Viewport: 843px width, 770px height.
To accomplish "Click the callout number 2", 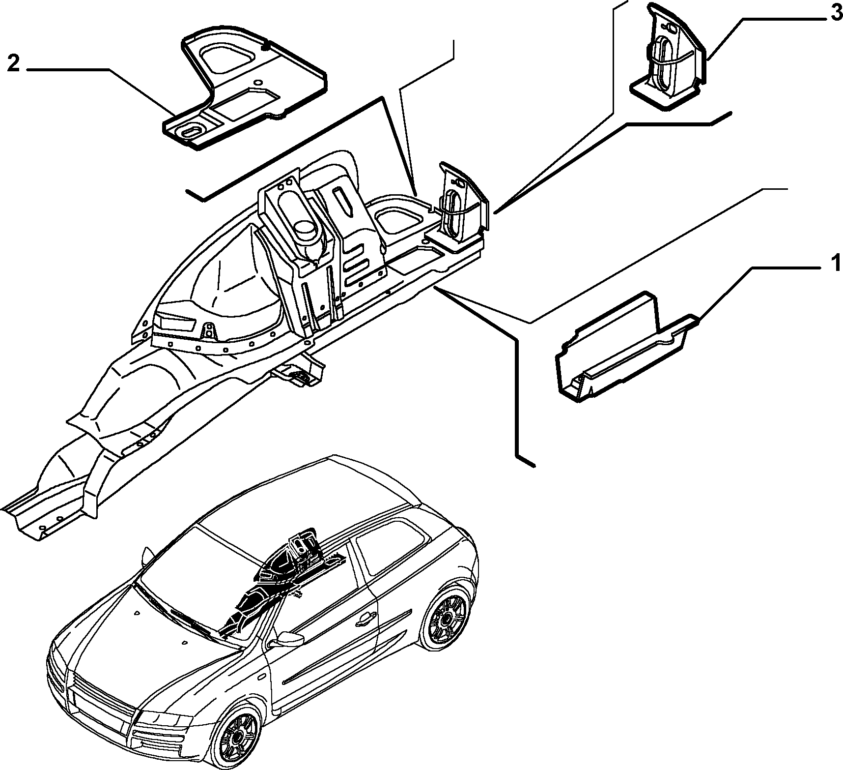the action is (13, 63).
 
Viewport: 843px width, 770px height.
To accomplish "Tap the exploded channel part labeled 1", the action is (625, 350).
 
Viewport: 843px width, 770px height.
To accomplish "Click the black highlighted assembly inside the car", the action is (275, 580).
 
